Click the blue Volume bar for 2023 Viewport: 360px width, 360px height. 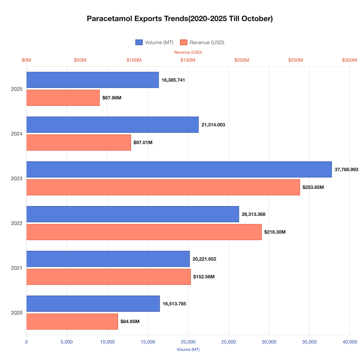179,169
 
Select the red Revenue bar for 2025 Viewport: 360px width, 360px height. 63,98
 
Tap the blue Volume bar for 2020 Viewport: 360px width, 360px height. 93,304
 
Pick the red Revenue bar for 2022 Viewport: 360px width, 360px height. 144,232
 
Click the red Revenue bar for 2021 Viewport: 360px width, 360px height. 108,277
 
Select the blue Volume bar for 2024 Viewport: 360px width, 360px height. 112,125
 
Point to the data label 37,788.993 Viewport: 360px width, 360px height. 346,169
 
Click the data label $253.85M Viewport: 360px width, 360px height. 313,187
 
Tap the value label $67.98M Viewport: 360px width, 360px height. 112,98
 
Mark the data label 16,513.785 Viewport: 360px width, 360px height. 174,304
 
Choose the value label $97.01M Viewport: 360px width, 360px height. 143,142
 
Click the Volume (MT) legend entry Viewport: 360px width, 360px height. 154,42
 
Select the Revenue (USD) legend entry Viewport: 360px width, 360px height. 202,42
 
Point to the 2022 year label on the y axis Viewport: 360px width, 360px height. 16,223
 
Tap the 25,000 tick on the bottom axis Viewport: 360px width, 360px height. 229,342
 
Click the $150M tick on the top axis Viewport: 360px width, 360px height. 188,60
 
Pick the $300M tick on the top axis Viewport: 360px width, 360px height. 349,60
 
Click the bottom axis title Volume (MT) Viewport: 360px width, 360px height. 188,349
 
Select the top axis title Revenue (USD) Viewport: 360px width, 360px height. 188,52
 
